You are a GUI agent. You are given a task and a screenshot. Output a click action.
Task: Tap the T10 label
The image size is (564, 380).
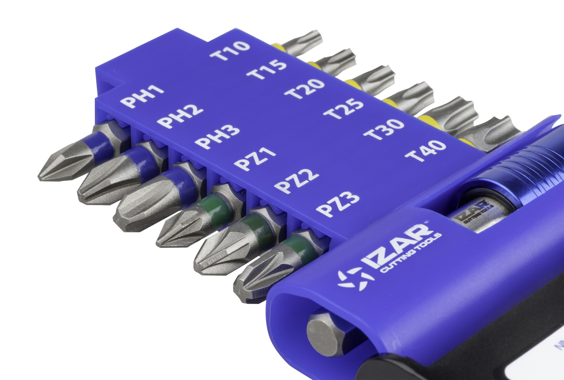[x=230, y=51]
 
